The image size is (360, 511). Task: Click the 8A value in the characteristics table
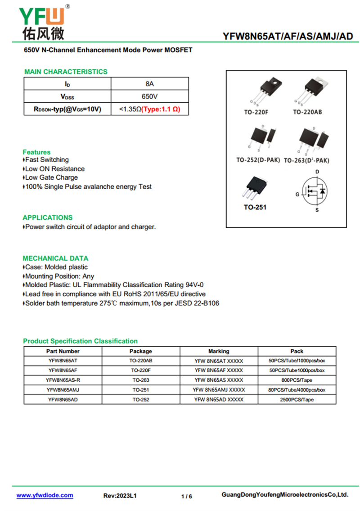[149, 84]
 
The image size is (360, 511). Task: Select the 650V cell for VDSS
[149, 96]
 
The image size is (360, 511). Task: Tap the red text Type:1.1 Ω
[161, 109]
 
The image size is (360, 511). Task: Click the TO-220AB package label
[307, 112]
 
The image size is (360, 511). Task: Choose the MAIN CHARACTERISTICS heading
[66, 72]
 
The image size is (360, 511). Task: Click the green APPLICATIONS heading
[47, 217]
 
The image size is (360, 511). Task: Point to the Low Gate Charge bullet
[51, 177]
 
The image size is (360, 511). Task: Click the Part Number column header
[63, 351]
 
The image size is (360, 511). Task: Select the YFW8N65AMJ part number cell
[63, 390]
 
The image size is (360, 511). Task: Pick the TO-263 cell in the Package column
[140, 380]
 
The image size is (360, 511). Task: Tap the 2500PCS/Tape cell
[297, 399]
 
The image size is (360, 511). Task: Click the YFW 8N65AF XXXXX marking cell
[219, 370]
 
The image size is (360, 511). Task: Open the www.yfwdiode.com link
[45, 495]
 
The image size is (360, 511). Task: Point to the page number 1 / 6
[186, 496]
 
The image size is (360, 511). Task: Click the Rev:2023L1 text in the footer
[120, 496]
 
